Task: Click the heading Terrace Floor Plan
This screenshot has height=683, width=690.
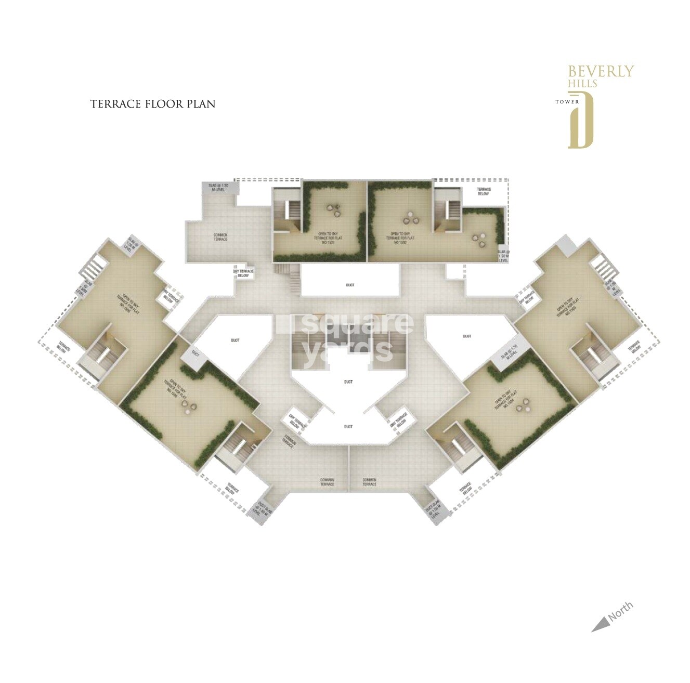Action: [153, 104]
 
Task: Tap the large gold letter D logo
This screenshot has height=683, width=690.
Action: [581, 120]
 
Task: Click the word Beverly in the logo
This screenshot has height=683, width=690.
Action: [601, 71]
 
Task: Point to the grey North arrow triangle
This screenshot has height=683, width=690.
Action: [600, 624]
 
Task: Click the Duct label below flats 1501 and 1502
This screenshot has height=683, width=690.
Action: [350, 285]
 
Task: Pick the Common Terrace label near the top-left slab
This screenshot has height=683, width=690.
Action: [220, 237]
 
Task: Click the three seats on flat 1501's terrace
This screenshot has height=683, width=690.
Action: [333, 210]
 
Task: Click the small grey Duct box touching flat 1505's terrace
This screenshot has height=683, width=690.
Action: [195, 353]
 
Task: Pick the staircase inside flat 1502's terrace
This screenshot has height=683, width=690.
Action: [448, 212]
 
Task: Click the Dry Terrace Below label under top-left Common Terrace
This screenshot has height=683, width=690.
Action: [243, 273]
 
